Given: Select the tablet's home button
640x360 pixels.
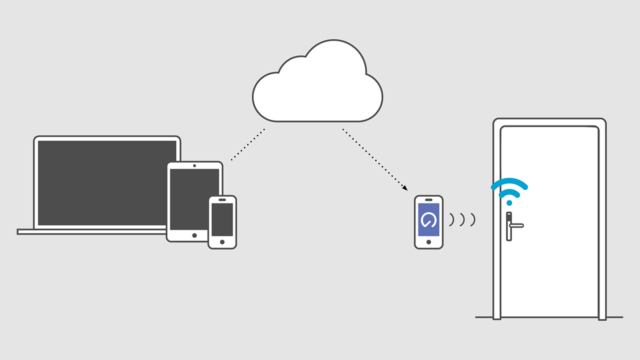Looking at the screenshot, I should [194, 235].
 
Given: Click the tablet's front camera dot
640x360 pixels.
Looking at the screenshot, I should [194, 165].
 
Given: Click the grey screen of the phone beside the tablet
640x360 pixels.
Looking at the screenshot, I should [222, 219].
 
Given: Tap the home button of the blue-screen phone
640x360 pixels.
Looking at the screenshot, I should [428, 242].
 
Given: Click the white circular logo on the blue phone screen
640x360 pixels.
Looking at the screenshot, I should [428, 219].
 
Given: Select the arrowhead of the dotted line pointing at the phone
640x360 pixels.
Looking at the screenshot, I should [405, 188].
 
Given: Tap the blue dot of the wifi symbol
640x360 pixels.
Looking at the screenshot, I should [509, 202].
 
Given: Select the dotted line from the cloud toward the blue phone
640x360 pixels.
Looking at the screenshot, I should [372, 157].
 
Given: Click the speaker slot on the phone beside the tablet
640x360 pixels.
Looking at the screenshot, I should [222, 199].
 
